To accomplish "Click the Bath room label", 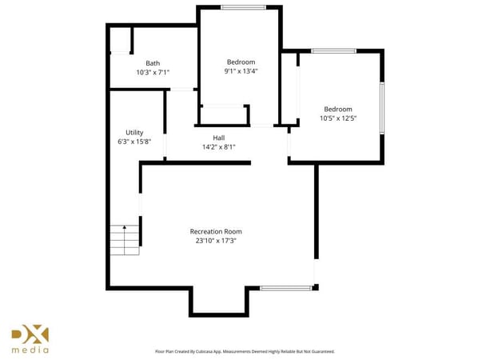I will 152,63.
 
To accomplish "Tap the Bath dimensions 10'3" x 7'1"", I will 152,72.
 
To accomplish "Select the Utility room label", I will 134,132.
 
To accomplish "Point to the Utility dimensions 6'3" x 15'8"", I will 134,141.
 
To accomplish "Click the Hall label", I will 218,138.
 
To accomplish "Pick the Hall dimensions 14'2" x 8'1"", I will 218,146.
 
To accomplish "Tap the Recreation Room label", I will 216,231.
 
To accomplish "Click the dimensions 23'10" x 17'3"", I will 216,240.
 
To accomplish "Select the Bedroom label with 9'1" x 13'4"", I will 241,62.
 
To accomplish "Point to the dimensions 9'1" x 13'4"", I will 241,70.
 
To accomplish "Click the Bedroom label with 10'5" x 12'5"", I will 337,109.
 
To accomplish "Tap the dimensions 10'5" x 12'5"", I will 337,118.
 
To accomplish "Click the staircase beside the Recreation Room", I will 125,238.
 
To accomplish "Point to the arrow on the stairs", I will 124,230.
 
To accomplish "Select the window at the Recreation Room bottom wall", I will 285,287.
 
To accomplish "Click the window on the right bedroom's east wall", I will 382,108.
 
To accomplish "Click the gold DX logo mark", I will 30,334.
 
